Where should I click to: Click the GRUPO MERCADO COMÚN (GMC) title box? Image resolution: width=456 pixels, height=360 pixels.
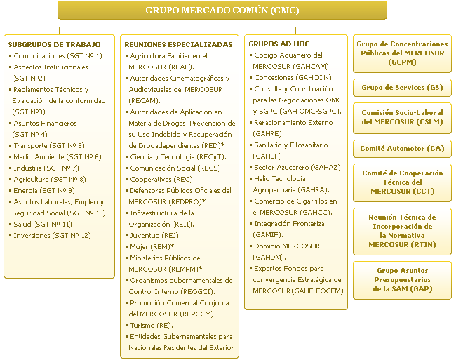222,11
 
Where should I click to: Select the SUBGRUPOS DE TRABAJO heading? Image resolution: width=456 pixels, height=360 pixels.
54,44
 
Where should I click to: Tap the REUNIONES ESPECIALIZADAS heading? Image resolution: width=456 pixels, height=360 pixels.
178,44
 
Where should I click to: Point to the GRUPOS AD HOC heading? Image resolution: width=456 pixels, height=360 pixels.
279,44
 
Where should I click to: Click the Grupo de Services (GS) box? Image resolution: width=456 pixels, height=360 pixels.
401,88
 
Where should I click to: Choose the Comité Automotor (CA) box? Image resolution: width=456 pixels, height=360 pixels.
401,149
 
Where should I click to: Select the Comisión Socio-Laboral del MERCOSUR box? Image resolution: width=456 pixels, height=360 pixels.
401,117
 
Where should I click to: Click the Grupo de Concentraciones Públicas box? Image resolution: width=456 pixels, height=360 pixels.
401,53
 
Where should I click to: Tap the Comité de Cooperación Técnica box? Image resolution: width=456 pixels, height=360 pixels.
401,182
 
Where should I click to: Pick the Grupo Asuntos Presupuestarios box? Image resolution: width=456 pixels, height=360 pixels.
401,279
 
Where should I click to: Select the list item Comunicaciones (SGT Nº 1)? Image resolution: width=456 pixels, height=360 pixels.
58,55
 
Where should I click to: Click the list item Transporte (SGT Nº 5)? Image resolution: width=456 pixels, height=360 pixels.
49,145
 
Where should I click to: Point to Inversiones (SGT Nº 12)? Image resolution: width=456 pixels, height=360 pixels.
53,235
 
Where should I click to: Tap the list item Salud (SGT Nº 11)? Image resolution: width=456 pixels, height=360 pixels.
43,224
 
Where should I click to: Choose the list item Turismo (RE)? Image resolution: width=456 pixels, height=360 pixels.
152,326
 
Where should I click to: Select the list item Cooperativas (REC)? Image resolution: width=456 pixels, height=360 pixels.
163,179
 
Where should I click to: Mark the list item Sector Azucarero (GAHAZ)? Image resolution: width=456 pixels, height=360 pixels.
298,168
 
